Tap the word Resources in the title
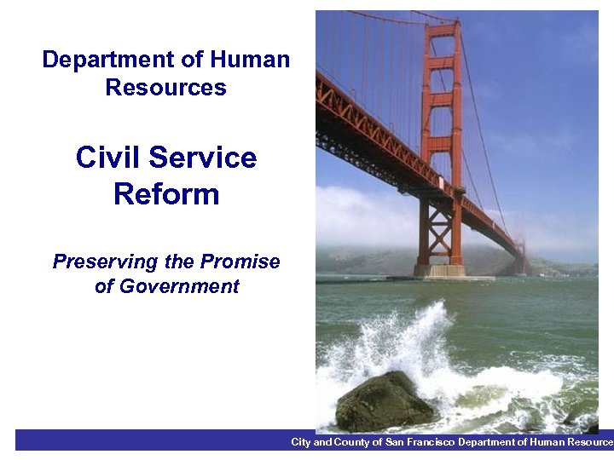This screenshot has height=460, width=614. (x=166, y=88)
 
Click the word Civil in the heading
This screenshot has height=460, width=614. (x=107, y=158)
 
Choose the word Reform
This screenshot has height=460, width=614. (x=166, y=194)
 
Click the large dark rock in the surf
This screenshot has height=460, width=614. (x=384, y=403)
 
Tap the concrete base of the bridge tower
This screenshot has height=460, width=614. (x=439, y=271)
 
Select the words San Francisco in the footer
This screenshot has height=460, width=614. (x=420, y=442)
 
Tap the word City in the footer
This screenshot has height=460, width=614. (x=301, y=442)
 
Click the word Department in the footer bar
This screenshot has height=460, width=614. (x=484, y=442)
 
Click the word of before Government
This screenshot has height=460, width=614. (x=104, y=287)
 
